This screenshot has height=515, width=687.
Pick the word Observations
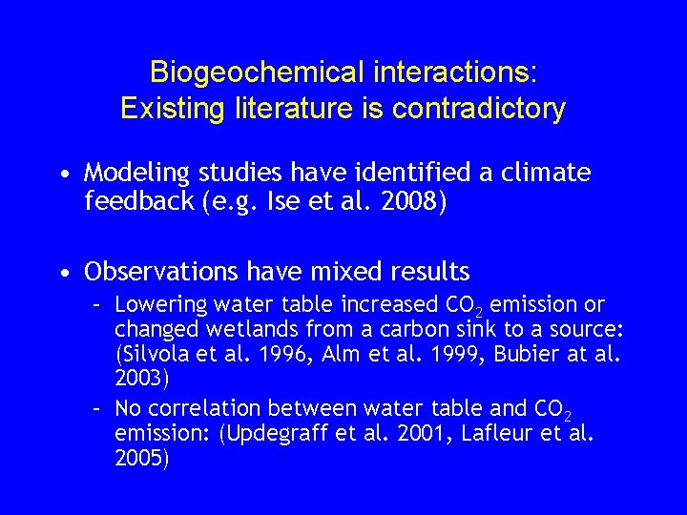[160, 273]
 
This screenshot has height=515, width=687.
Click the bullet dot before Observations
[63, 274]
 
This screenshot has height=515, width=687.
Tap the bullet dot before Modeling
[63, 175]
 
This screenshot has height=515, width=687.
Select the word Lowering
[156, 305]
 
